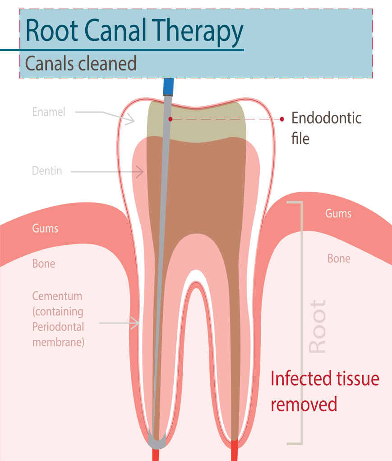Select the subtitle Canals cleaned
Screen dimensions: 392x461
coord(81,63)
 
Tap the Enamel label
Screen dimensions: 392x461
coord(49,112)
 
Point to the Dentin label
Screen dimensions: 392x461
coord(47,170)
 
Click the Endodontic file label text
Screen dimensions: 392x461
coord(326,128)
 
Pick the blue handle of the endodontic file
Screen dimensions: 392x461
coord(168,87)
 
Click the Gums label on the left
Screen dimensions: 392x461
coord(45,228)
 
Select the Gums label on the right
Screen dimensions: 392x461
coord(338,213)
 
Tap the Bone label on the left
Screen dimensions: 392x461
coord(44,263)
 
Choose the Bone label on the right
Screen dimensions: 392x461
coord(339,259)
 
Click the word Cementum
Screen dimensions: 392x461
coord(57,296)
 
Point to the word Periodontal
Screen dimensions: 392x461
coord(58,327)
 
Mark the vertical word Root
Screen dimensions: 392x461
coord(318,326)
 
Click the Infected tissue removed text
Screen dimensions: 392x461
coord(325,391)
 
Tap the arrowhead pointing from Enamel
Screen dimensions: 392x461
coord(130,120)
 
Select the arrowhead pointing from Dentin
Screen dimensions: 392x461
coord(140,172)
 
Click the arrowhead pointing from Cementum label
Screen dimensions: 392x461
coord(136,323)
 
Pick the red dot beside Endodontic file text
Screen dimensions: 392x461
coord(282,119)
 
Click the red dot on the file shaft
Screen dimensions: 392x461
coord(170,119)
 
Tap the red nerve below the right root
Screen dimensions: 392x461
coord(234,450)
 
